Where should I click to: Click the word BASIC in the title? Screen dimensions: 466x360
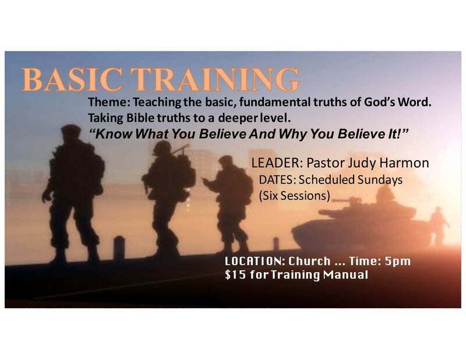click(x=72, y=79)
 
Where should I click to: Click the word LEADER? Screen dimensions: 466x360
click(x=277, y=163)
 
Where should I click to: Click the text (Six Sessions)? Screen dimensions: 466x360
click(x=294, y=196)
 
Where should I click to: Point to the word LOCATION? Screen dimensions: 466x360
click(x=255, y=261)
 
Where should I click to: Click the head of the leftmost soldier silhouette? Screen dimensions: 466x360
click(x=70, y=132)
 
